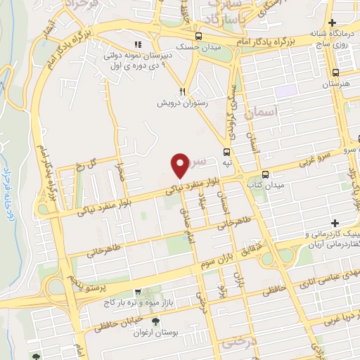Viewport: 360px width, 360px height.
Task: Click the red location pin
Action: click(181, 165)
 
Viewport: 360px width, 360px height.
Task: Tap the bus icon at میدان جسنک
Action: click(200, 37)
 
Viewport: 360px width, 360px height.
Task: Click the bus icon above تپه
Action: click(226, 152)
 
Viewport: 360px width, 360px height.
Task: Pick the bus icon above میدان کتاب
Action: click(265, 174)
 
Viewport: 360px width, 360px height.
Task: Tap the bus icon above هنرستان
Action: click(335, 72)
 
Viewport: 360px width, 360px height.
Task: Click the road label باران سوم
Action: click(215, 260)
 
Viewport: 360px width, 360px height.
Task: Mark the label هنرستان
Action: click(335, 84)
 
